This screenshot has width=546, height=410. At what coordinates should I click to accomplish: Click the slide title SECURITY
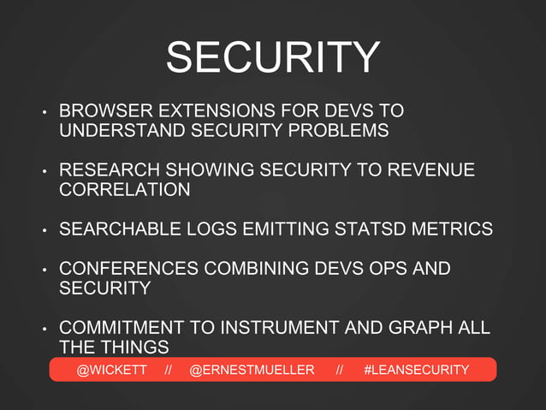point(272,57)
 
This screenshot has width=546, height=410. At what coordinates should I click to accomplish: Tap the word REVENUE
point(431,170)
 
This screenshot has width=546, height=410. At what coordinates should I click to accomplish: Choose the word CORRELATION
point(125,190)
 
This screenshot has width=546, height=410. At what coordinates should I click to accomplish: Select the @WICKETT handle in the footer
point(112,370)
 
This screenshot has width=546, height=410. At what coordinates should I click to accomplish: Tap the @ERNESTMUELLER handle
point(252,370)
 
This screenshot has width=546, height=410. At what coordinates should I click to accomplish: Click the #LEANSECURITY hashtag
point(416,370)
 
